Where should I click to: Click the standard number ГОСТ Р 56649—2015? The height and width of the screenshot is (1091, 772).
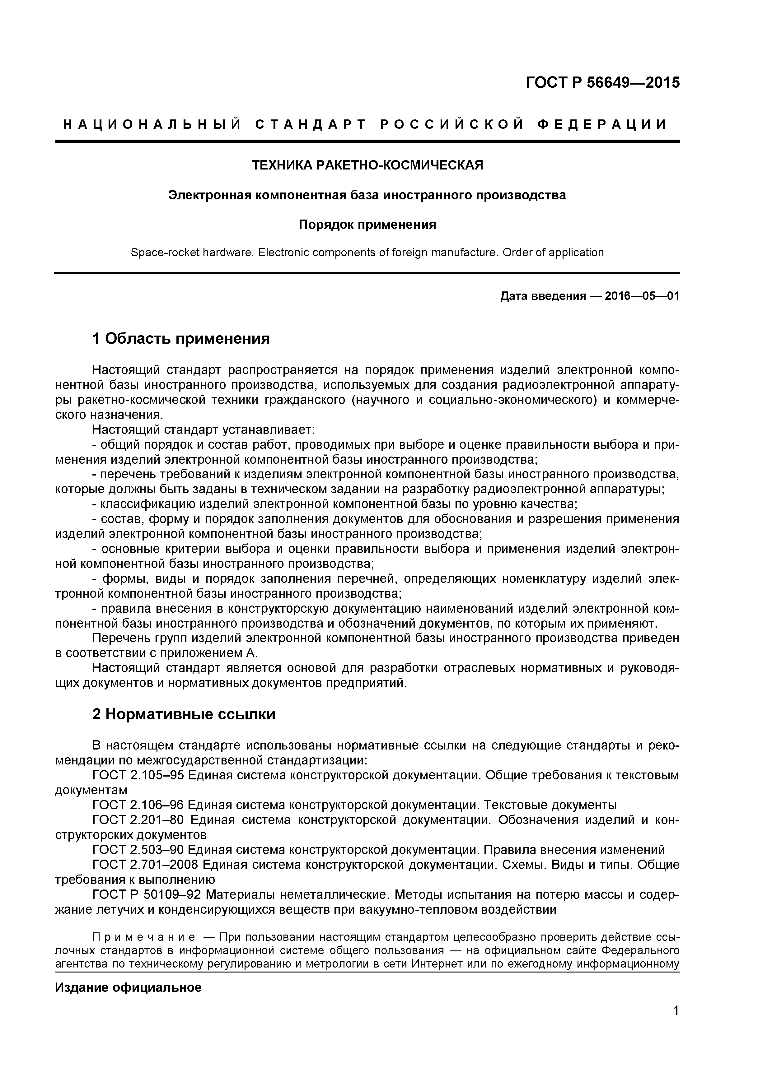click(x=602, y=83)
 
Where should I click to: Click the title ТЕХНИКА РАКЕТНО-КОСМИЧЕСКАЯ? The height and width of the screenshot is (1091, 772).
click(x=367, y=165)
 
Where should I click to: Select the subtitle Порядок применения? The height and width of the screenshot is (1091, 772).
click(x=367, y=225)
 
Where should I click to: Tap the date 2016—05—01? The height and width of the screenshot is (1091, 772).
click(x=642, y=296)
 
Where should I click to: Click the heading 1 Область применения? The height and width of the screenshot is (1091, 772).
click(x=181, y=339)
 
